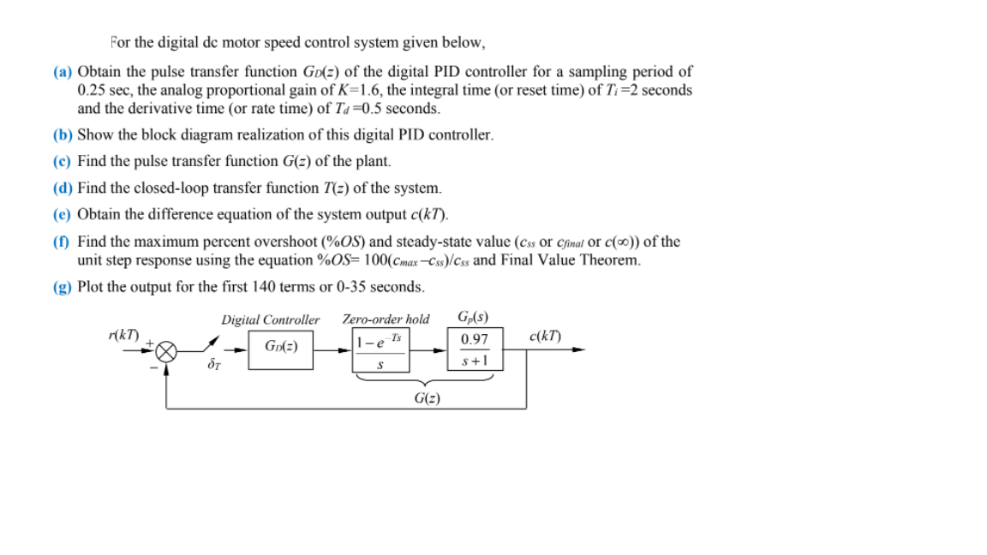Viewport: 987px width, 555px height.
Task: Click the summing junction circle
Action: tap(167, 350)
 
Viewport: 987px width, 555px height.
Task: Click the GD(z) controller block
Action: tap(281, 349)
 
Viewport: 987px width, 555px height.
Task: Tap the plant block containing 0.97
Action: tap(475, 349)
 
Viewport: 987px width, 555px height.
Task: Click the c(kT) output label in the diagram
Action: tap(547, 336)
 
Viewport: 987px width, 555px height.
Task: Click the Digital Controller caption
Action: tap(270, 319)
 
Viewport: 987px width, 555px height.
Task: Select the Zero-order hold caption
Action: tap(386, 319)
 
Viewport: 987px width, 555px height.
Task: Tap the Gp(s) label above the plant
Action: tap(474, 318)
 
